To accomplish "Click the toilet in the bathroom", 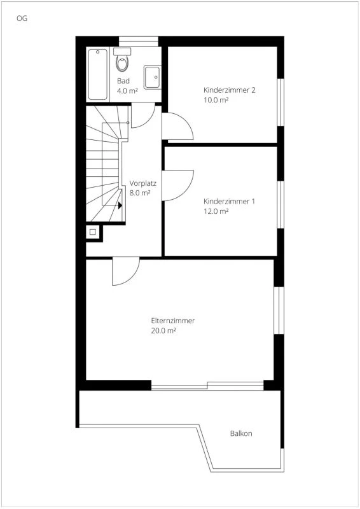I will click(122, 61).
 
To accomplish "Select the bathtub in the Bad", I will click(98, 74).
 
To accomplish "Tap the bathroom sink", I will click(152, 76).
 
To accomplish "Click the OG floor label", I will click(22, 18).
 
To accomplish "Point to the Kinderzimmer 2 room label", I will click(229, 90).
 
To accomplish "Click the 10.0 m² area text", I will click(216, 100).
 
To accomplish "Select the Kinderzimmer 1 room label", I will click(229, 202).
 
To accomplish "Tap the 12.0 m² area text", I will click(216, 212).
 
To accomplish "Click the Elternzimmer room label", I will click(173, 321).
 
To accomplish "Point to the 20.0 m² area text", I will click(163, 331).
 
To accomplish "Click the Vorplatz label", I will click(142, 182).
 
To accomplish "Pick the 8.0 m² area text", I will click(140, 192).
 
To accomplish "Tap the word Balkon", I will click(241, 433).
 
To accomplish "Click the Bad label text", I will click(123, 81).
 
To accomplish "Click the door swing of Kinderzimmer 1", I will click(177, 185).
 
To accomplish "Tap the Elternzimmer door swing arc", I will click(125, 272).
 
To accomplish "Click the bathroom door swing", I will click(142, 115).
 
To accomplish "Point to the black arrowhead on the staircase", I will click(120, 206).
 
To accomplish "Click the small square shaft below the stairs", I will click(92, 232).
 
